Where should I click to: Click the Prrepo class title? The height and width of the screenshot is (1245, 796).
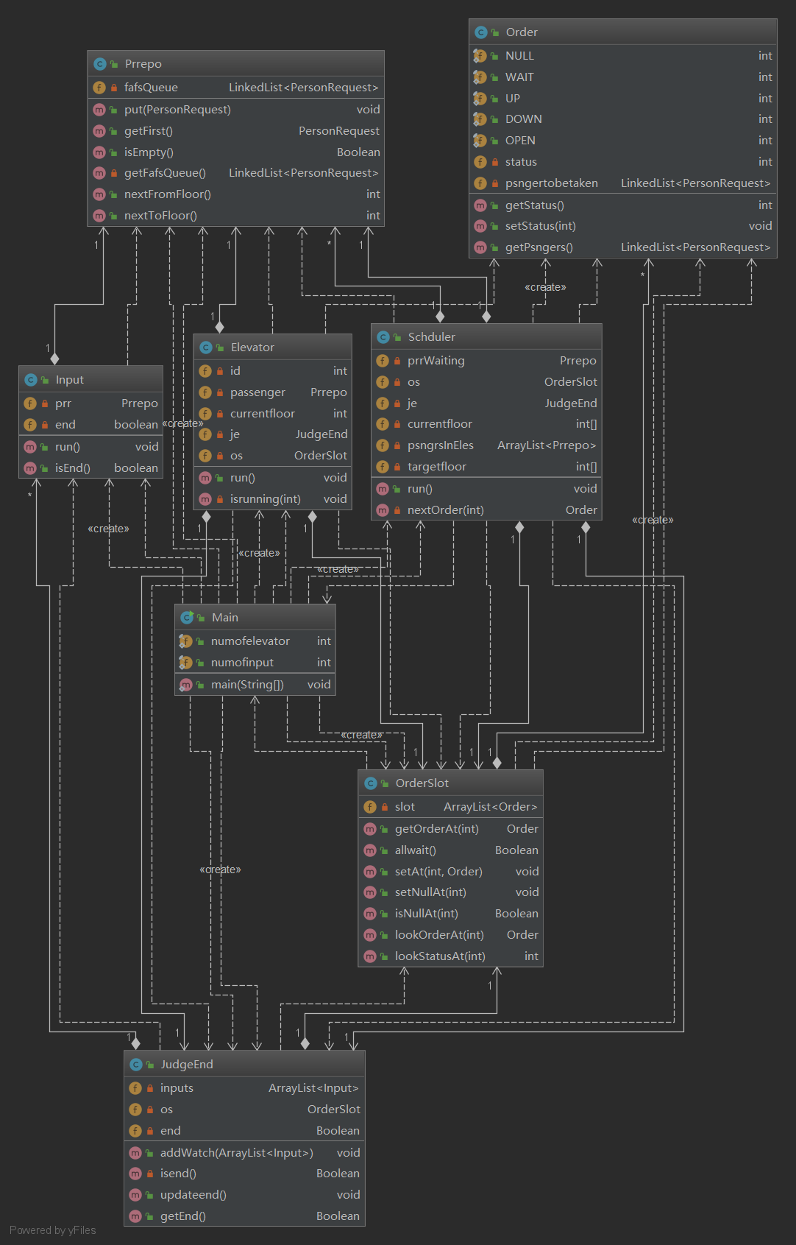(x=143, y=64)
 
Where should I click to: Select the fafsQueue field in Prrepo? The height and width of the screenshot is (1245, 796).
(x=151, y=88)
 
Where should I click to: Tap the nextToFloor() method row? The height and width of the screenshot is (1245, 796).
(x=160, y=216)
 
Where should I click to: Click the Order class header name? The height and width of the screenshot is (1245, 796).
(x=522, y=32)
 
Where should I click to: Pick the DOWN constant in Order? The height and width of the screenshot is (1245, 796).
(x=523, y=119)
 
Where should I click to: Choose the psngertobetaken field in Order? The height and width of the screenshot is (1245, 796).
(x=551, y=183)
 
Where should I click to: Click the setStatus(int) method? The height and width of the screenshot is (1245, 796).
(x=540, y=226)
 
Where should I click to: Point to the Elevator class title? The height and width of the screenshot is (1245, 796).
(x=252, y=348)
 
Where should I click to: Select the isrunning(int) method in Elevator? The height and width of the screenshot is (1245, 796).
(x=265, y=499)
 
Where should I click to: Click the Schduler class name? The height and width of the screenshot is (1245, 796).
(x=431, y=337)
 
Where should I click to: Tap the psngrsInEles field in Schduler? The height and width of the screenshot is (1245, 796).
(x=440, y=445)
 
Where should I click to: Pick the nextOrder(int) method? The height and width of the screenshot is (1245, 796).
(x=445, y=510)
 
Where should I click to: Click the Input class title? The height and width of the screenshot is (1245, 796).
(x=70, y=380)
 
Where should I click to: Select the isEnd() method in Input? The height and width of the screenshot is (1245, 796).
(x=73, y=468)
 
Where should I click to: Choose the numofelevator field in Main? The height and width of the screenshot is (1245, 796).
(x=250, y=641)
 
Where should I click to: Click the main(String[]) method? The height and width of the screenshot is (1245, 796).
(x=247, y=685)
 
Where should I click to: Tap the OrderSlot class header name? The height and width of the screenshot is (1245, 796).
(x=422, y=783)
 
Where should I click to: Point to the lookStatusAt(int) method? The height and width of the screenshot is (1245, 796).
(x=440, y=956)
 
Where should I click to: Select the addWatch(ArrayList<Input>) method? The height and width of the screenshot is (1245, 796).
(x=236, y=1153)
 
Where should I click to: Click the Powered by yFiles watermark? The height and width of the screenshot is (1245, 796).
(x=53, y=1230)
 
